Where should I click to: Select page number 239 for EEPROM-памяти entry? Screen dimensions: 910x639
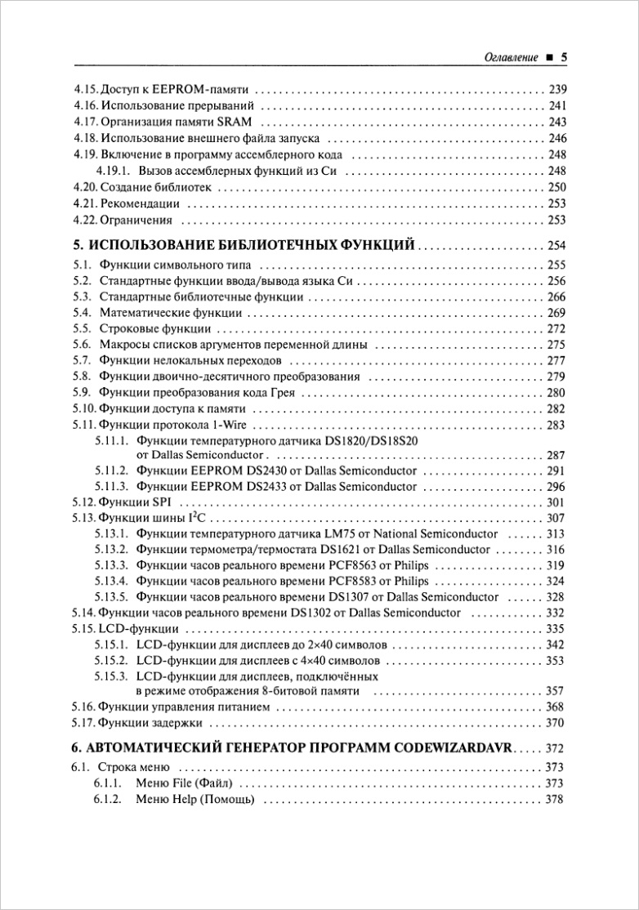coord(556,89)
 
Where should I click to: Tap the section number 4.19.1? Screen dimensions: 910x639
coord(113,171)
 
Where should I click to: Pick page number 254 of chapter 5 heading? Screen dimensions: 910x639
coord(556,245)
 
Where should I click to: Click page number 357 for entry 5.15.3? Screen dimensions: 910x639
coord(556,691)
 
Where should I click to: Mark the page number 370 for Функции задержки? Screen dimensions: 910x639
coord(556,722)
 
